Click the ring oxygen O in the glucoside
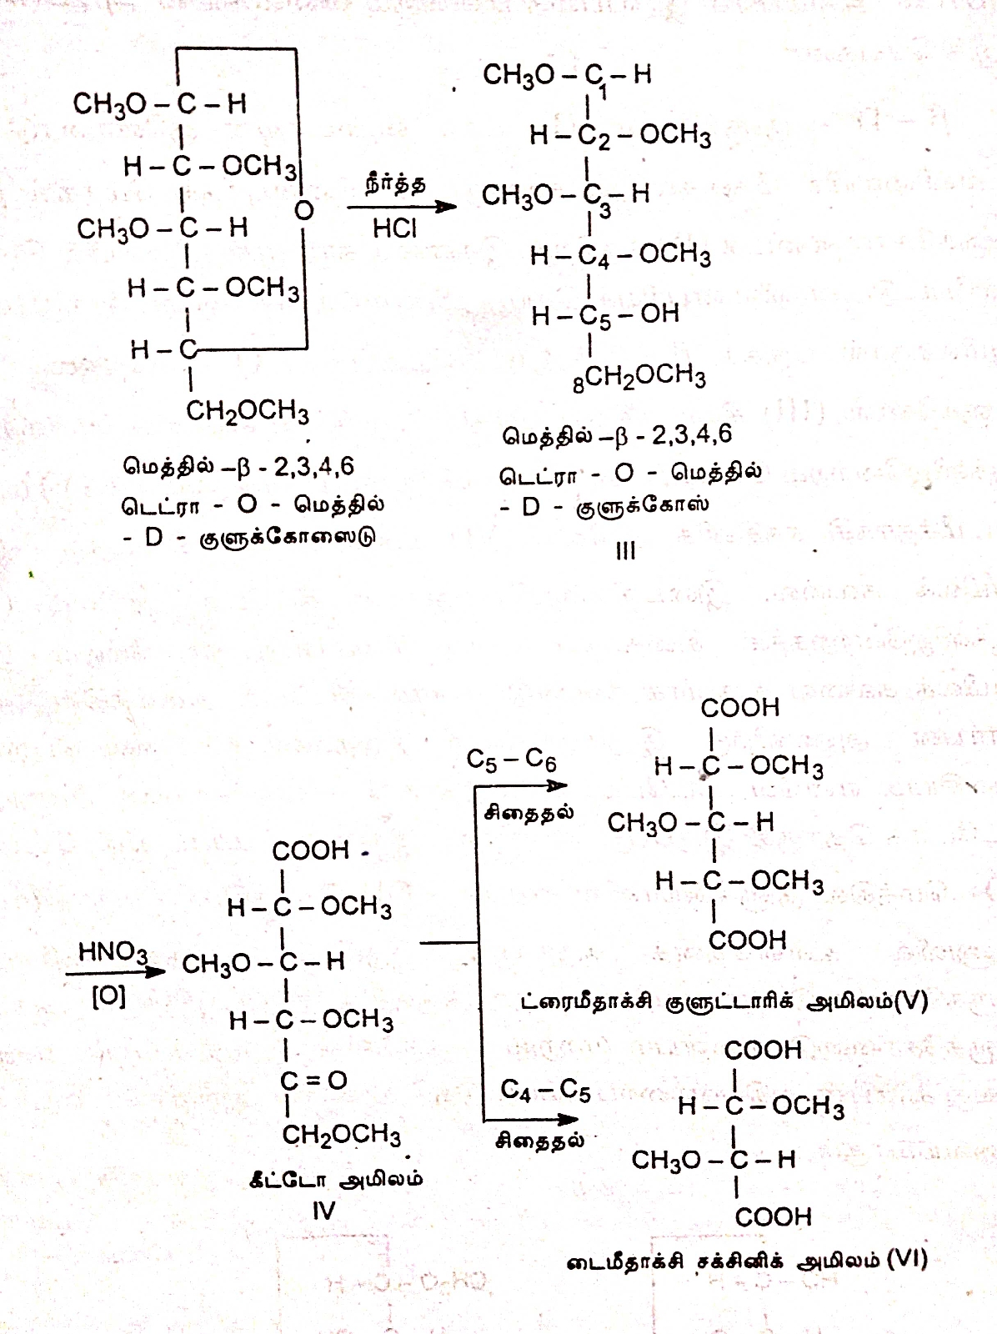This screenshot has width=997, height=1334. coord(304,210)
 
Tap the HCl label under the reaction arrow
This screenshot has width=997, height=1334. coord(394,228)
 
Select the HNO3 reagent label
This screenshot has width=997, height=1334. coord(113,952)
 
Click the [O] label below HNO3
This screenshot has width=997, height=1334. coord(108,996)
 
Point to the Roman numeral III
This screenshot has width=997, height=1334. coord(625,550)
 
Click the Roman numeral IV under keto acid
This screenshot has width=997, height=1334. coord(323,1211)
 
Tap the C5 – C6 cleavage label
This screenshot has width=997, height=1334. coord(511,760)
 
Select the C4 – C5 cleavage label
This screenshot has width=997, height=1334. coord(545,1090)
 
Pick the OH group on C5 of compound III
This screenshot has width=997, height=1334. coord(660,313)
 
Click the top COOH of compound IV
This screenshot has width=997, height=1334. coord(310,850)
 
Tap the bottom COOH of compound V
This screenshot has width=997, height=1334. coord(747,940)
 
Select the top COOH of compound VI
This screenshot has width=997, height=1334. coord(763,1051)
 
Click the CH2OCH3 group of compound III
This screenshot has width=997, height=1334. coord(644,377)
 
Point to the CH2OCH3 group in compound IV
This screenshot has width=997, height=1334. coord(341,1136)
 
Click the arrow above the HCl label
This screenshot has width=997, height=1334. coord(402,206)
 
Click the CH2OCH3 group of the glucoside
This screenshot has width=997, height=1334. coord(247,411)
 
